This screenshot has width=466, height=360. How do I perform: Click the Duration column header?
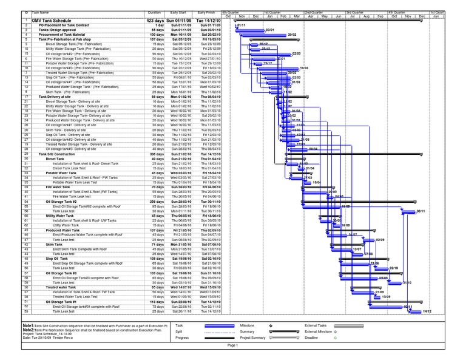click(x=154, y=13)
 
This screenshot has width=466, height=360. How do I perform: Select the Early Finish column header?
click(x=206, y=13)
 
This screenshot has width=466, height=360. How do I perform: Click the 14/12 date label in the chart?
click(x=427, y=311)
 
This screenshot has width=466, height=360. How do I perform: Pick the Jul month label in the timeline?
click(x=352, y=16)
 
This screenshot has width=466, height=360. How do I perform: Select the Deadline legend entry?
click(x=312, y=338)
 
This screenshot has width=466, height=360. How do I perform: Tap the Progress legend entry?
click(x=182, y=338)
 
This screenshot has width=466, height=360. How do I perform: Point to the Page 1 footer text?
click(x=233, y=345)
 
